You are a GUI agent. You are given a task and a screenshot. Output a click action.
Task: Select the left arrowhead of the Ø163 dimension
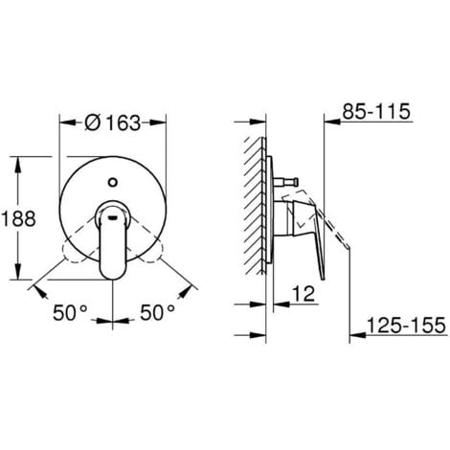point(64,123)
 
